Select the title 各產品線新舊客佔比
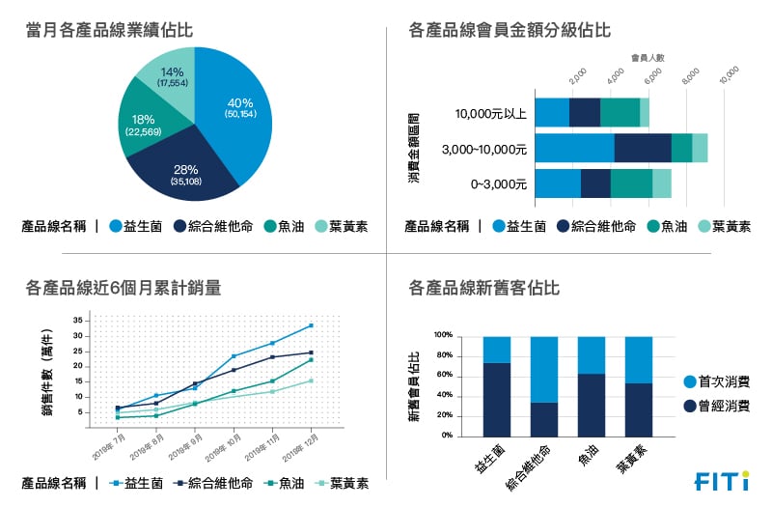(x=484, y=288)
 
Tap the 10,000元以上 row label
(x=490, y=113)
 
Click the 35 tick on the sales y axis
(x=77, y=321)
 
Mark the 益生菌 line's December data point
(x=311, y=325)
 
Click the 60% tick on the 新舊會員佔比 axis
(x=445, y=376)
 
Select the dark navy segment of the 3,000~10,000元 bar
(x=643, y=148)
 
